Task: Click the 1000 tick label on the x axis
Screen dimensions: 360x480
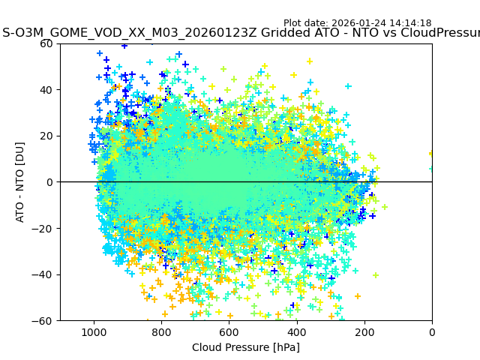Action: click(94, 332)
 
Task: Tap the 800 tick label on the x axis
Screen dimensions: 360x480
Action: click(161, 332)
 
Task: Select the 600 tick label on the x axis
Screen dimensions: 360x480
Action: click(229, 332)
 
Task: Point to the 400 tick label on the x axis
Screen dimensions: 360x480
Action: click(296, 332)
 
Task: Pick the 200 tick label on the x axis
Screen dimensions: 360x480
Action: click(364, 332)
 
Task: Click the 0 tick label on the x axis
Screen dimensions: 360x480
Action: click(432, 332)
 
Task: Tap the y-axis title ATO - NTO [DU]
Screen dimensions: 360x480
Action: click(20, 182)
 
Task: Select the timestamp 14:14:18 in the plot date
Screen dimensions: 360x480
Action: click(409, 23)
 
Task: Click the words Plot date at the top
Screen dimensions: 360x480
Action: click(303, 23)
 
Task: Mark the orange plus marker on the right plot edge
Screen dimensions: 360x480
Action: click(430, 154)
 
